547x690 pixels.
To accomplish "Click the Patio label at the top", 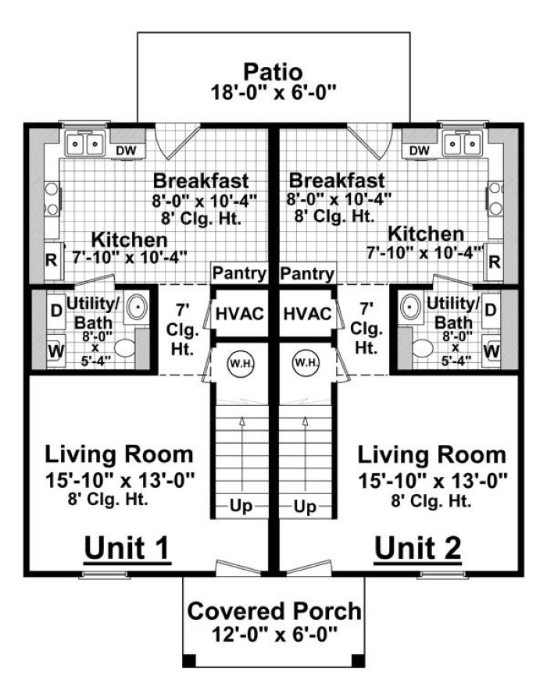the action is (x=273, y=72).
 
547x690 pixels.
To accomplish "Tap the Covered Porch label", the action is (x=274, y=611).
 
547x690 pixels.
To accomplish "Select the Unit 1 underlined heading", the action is (x=127, y=549).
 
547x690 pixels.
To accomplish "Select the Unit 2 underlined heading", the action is (x=417, y=549).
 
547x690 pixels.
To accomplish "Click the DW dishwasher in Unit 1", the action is (x=126, y=151).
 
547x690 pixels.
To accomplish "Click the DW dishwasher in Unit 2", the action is (x=420, y=151).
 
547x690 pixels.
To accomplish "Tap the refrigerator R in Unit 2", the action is (x=495, y=261).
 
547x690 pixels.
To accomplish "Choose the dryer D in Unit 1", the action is (x=56, y=311).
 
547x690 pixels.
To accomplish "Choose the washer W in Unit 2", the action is (x=492, y=351).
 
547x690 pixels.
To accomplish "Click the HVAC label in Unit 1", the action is (x=240, y=314).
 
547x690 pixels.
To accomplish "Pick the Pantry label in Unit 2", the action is (x=307, y=274).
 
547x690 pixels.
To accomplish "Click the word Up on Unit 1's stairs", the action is (x=241, y=507).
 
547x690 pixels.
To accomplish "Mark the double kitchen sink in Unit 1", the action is (x=85, y=143).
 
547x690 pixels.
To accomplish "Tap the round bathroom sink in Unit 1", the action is (x=138, y=306).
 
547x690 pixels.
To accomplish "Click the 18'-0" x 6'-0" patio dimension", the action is (x=274, y=93).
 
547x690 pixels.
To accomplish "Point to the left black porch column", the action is (x=189, y=661).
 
